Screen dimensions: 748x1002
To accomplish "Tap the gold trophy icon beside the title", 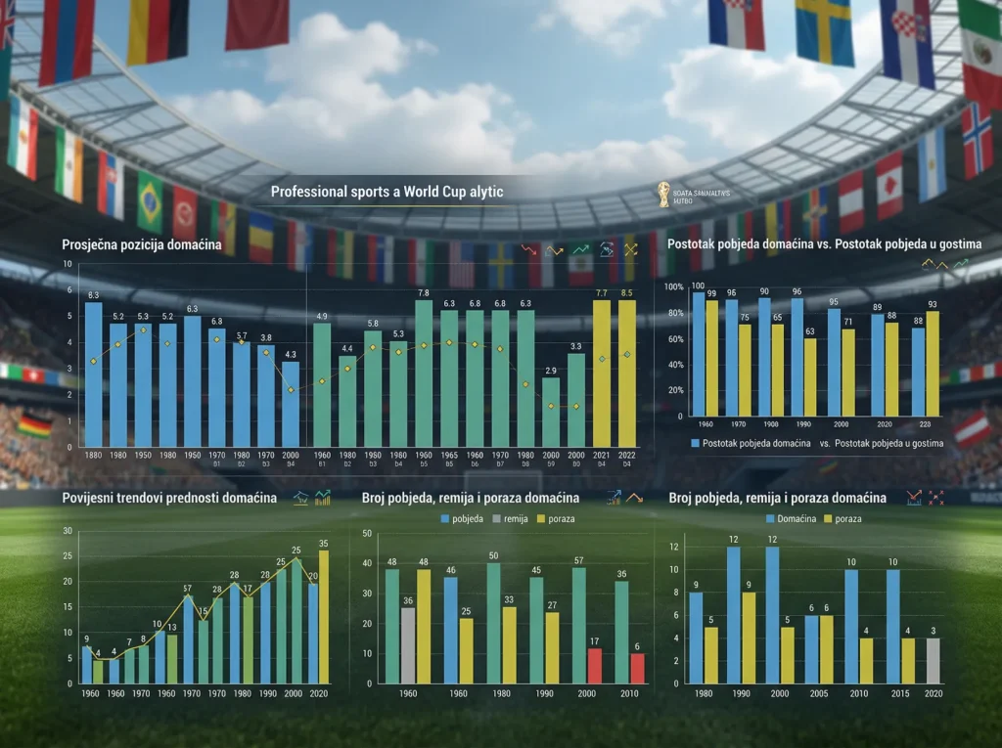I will (665, 194).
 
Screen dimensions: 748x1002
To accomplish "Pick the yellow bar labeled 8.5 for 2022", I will (626, 373).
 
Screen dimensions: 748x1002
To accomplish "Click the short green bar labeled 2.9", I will (551, 412).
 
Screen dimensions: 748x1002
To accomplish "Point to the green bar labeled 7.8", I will (424, 373).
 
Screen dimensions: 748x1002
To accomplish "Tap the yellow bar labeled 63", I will (810, 376).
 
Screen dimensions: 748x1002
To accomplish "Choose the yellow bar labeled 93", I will (933, 363).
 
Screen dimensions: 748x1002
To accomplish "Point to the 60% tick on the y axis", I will (673, 338).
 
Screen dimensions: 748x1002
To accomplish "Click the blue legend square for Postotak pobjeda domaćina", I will (697, 444).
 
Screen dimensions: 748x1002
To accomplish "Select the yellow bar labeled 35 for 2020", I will (324, 616).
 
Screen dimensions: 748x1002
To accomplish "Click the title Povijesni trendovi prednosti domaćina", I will (169, 499).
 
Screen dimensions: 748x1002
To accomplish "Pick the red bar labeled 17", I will (594, 666).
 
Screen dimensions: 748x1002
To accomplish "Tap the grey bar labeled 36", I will (407, 645).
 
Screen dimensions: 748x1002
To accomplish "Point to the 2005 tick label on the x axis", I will (818, 693).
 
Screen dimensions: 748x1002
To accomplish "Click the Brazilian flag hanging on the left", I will (150, 201).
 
